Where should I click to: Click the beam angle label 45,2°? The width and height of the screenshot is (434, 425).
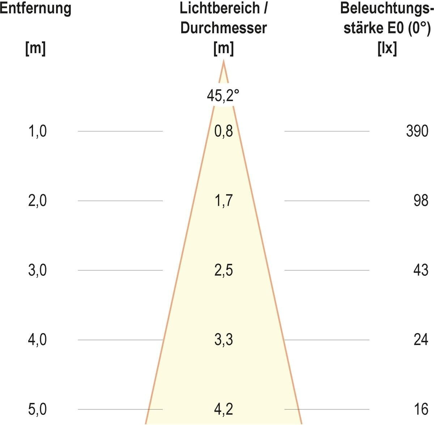pos(223,96)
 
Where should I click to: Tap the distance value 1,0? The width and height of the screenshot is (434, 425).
pos(37,131)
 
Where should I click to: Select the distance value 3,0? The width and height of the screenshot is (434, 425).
pos(37,270)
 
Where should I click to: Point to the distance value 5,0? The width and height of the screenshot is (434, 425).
pos(37,409)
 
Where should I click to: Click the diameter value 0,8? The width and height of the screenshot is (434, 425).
pos(224,131)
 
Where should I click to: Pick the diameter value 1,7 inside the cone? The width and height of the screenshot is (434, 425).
pos(224,201)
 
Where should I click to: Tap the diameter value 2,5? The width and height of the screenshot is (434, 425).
pos(224,270)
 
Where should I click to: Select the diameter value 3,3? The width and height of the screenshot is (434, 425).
pos(224,340)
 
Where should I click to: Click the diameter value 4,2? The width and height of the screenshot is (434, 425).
pos(224,409)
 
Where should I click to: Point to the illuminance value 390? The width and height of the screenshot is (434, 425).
pos(417,131)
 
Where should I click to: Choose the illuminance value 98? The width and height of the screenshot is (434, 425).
pos(421,201)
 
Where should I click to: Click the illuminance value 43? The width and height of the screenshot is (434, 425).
pos(421,270)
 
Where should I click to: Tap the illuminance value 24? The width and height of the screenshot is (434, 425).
pos(421,340)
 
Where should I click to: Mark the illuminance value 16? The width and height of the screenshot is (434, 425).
pos(421,409)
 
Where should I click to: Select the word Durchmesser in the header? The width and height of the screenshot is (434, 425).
pos(224,28)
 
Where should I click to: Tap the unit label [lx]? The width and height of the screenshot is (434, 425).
pos(387,48)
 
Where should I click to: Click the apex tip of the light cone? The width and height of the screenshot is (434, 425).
pos(224,62)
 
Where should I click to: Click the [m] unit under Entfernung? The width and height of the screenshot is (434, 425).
pos(35,48)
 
